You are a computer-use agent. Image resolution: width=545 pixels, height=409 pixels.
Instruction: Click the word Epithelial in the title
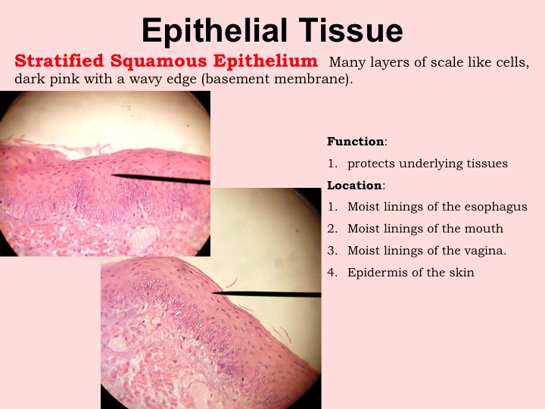pos(214,31)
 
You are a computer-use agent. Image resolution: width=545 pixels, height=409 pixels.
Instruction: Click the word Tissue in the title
pos(350,30)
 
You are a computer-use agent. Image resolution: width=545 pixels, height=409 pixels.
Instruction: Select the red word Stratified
pos(59,61)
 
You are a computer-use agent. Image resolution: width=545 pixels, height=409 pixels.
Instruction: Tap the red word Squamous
pos(158,62)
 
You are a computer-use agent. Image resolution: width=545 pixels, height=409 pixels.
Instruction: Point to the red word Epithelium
pos(266,61)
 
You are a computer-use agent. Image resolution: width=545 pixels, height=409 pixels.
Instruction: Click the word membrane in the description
pos(311,80)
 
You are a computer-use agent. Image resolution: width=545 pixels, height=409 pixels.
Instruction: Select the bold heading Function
pos(356,142)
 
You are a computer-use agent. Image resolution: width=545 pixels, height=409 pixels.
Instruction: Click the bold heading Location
pos(354,186)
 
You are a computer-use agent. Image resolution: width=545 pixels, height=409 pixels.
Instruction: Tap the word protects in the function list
pos(371,164)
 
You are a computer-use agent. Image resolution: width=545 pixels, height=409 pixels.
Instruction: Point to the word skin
pos(462,273)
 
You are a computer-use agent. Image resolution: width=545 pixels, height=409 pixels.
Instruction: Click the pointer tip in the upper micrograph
pos(112,175)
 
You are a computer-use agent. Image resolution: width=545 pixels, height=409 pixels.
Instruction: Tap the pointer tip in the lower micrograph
pos(213,293)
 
